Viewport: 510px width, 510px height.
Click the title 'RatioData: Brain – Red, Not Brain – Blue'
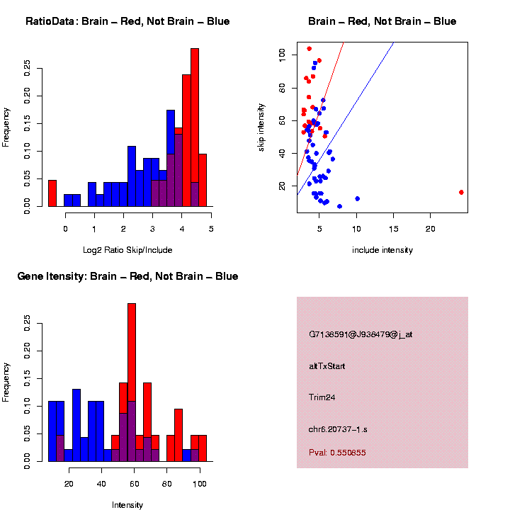point(127,21)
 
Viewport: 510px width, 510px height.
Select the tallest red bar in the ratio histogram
point(194,127)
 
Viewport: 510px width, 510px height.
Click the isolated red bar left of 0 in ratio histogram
point(52,193)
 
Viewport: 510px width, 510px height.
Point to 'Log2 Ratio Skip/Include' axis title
point(127,250)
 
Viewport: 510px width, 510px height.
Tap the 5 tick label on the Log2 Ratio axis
point(211,228)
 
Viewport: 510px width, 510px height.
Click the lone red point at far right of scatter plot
point(461,192)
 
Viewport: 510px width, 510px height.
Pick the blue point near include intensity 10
point(357,199)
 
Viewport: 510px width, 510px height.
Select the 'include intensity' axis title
point(382,250)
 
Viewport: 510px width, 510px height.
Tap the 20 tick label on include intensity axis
point(430,228)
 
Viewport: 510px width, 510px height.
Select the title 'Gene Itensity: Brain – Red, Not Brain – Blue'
point(127,276)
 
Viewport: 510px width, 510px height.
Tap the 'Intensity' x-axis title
point(127,505)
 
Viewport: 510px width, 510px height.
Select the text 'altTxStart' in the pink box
point(327,366)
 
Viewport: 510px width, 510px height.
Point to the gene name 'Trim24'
point(322,397)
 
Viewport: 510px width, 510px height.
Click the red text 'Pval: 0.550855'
point(337,453)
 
